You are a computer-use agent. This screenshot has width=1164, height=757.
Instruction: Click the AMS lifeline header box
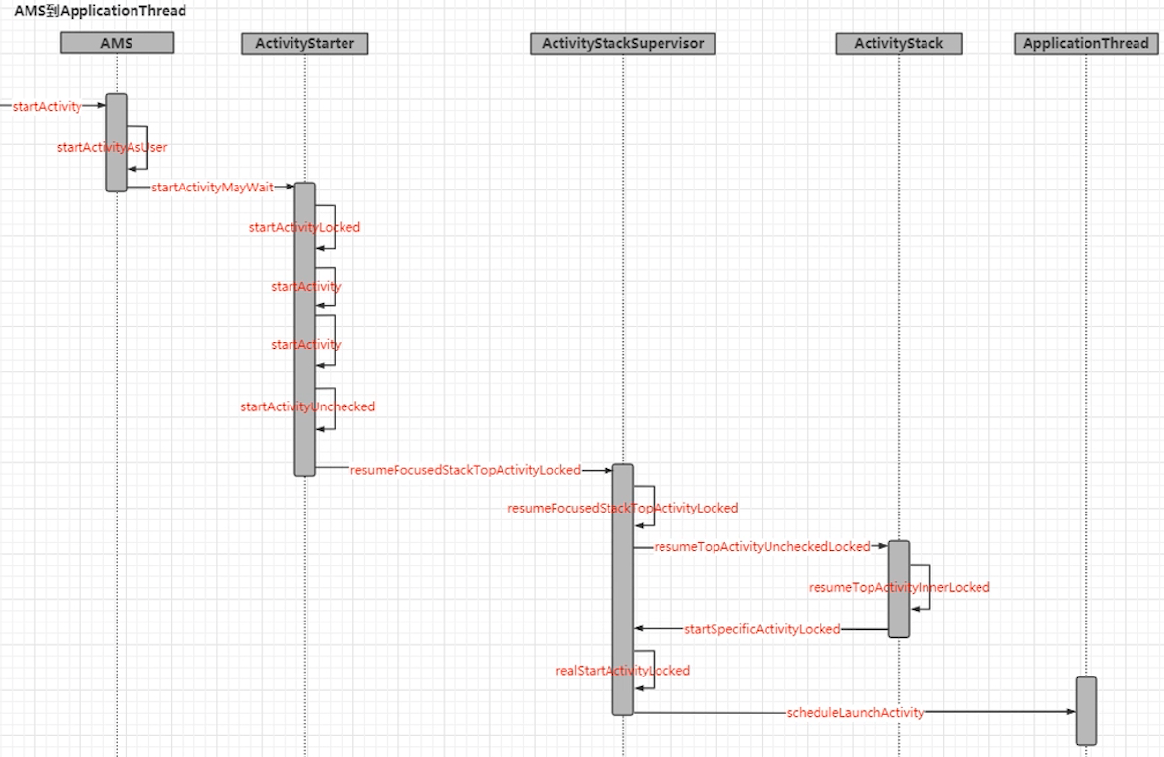point(117,43)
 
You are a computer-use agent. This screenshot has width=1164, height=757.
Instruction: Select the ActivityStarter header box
point(304,44)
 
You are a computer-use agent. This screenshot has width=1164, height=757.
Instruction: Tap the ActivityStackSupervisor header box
point(623,44)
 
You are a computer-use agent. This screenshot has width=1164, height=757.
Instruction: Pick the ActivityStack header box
point(898,44)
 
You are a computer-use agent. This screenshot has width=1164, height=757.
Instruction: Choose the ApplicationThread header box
point(1085,44)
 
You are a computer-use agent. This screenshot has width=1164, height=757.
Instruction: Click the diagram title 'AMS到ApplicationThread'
point(100,11)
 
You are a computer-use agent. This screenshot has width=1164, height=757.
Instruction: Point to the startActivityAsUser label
point(112,147)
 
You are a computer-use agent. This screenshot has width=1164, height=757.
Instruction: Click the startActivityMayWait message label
point(212,188)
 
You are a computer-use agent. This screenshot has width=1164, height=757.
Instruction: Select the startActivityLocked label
point(304,227)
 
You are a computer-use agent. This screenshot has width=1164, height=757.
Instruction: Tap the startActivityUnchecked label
point(307,406)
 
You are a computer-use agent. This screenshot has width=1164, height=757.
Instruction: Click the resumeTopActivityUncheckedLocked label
point(762,547)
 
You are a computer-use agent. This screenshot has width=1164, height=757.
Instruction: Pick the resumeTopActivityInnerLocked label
point(899,587)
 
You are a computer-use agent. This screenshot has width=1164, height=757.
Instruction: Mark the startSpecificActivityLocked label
point(762,629)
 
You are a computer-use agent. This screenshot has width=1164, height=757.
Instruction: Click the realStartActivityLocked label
point(623,670)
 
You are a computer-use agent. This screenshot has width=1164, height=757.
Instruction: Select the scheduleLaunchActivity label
point(855,713)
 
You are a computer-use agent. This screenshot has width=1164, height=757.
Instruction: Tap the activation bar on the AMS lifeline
point(117,142)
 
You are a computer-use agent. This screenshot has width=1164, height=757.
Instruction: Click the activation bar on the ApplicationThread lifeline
point(1086,711)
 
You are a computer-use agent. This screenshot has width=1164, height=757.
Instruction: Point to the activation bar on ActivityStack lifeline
point(899,589)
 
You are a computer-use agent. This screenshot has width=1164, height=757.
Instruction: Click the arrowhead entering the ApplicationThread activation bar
point(1071,712)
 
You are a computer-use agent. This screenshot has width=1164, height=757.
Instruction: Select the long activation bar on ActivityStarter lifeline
point(305,329)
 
